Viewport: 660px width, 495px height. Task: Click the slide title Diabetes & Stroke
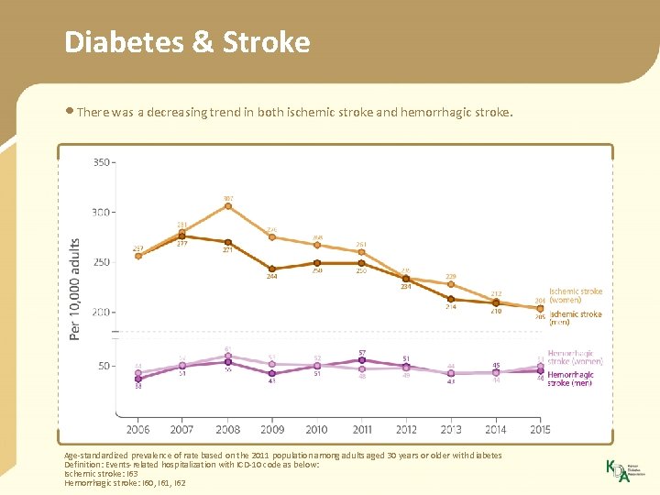tap(187, 42)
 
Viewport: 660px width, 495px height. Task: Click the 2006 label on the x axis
tap(137, 429)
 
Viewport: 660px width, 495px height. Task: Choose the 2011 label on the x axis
tap(361, 429)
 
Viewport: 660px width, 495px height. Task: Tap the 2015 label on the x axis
tap(540, 429)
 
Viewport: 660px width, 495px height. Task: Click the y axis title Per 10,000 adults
tap(75, 289)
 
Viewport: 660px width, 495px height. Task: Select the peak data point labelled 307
tap(227, 206)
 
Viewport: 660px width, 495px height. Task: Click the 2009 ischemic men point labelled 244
tap(272, 269)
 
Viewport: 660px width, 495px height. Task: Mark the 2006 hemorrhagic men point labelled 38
tap(137, 378)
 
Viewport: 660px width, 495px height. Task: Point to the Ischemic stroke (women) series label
tap(576, 295)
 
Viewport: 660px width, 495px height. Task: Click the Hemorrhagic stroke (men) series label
tap(570, 379)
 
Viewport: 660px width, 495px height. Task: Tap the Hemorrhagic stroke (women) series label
tap(575, 357)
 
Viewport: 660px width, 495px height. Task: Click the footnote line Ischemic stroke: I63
tap(100, 473)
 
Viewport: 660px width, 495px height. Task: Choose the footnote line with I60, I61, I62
tap(125, 482)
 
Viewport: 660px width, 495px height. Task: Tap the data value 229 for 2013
tap(451, 276)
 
